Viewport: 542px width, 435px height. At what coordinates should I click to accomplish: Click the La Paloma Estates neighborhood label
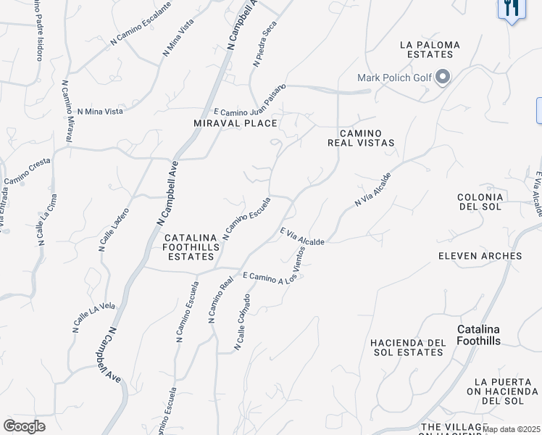point(430,50)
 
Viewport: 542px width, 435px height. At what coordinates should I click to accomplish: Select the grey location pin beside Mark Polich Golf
point(443,77)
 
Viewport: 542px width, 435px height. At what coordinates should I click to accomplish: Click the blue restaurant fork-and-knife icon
point(512,9)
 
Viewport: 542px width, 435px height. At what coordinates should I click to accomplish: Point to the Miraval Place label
point(235,124)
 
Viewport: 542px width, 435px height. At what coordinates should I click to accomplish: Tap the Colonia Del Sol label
point(480,202)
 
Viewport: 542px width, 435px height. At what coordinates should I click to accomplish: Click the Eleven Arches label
point(480,256)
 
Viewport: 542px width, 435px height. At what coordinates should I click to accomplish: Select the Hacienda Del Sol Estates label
point(406,347)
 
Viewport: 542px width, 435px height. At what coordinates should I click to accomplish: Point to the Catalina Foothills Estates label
point(191,247)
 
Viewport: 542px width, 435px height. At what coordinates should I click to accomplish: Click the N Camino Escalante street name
point(141,25)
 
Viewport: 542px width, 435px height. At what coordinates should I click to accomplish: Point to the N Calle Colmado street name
point(243,323)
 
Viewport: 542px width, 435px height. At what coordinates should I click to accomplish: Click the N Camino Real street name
point(221,299)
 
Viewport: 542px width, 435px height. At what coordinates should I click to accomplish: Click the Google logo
point(24,426)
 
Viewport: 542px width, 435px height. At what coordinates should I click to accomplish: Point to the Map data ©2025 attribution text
point(512,429)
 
